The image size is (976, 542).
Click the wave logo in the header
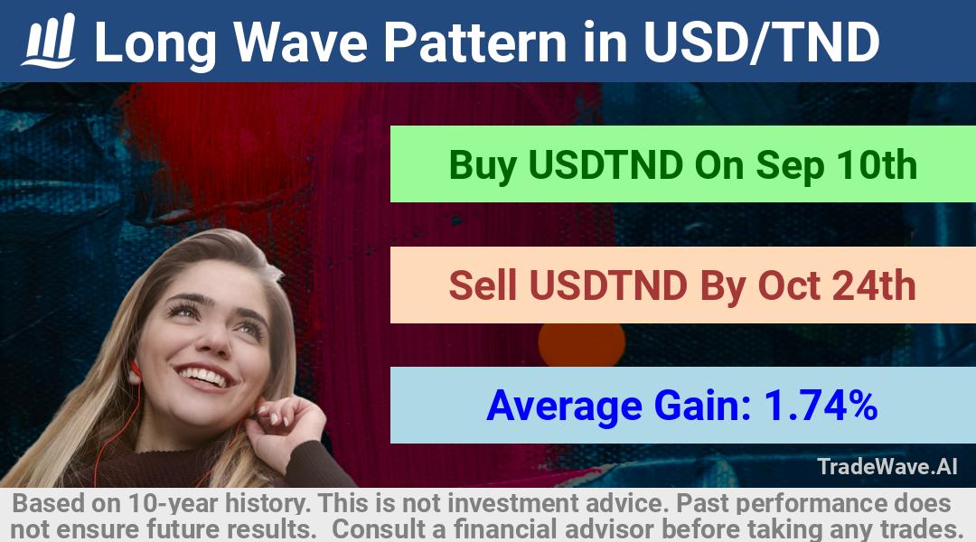pos(49,41)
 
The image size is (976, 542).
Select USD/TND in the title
pos(762,42)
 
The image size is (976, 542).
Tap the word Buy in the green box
pos(483,165)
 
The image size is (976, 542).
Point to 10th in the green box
pos(877,165)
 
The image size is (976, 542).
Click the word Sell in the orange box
pos(483,285)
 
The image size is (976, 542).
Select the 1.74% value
pos(821,406)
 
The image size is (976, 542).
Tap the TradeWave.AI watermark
pos(887,466)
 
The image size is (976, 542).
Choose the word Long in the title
pos(155,43)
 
